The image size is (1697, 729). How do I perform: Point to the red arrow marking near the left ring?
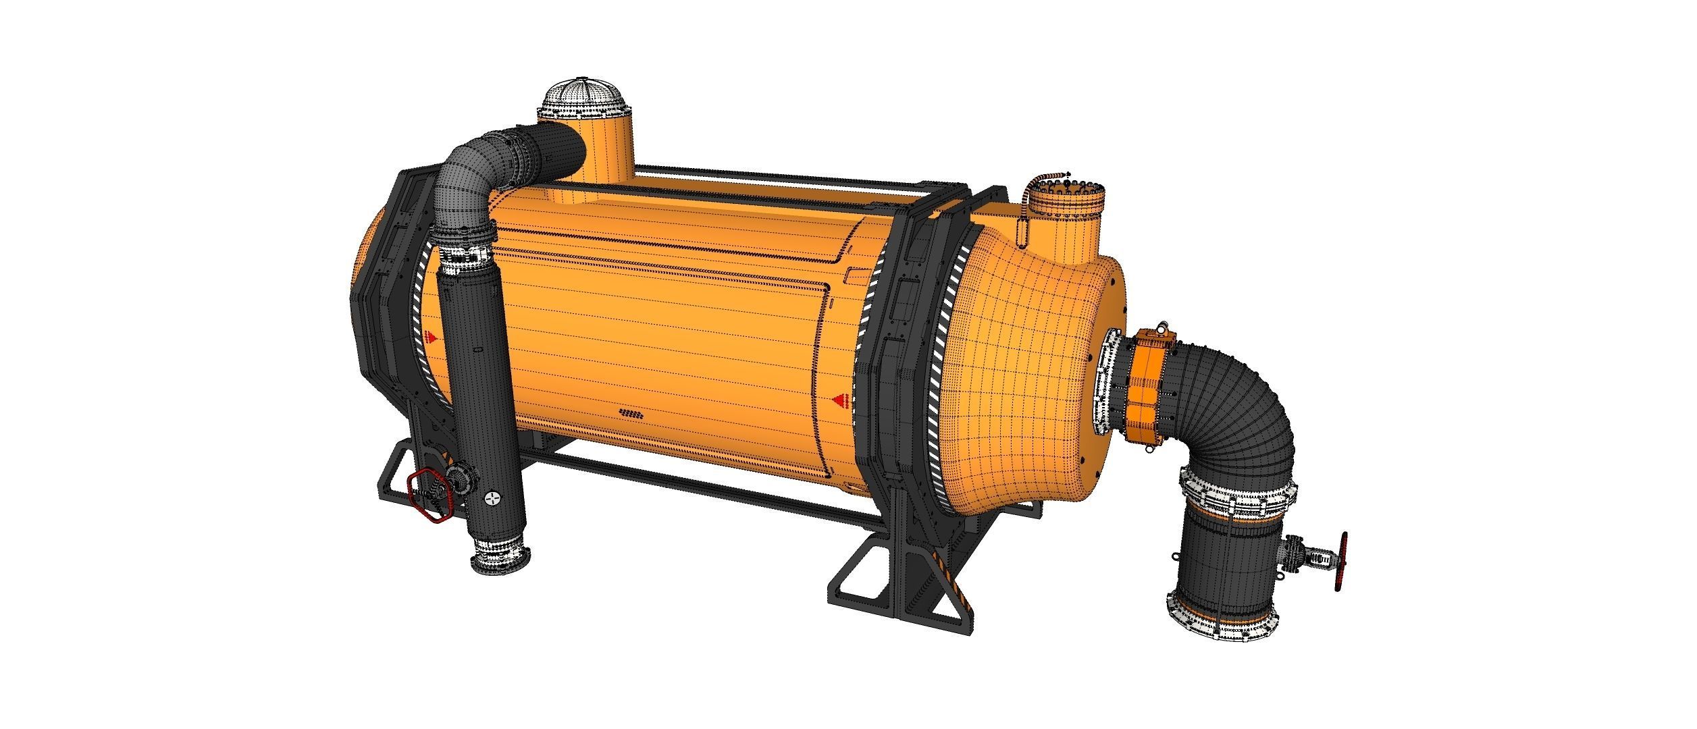pyautogui.click(x=432, y=335)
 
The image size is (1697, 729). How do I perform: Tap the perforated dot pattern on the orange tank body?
pyautogui.click(x=631, y=412)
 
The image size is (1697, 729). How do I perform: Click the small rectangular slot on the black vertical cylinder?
pyautogui.click(x=477, y=352)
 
